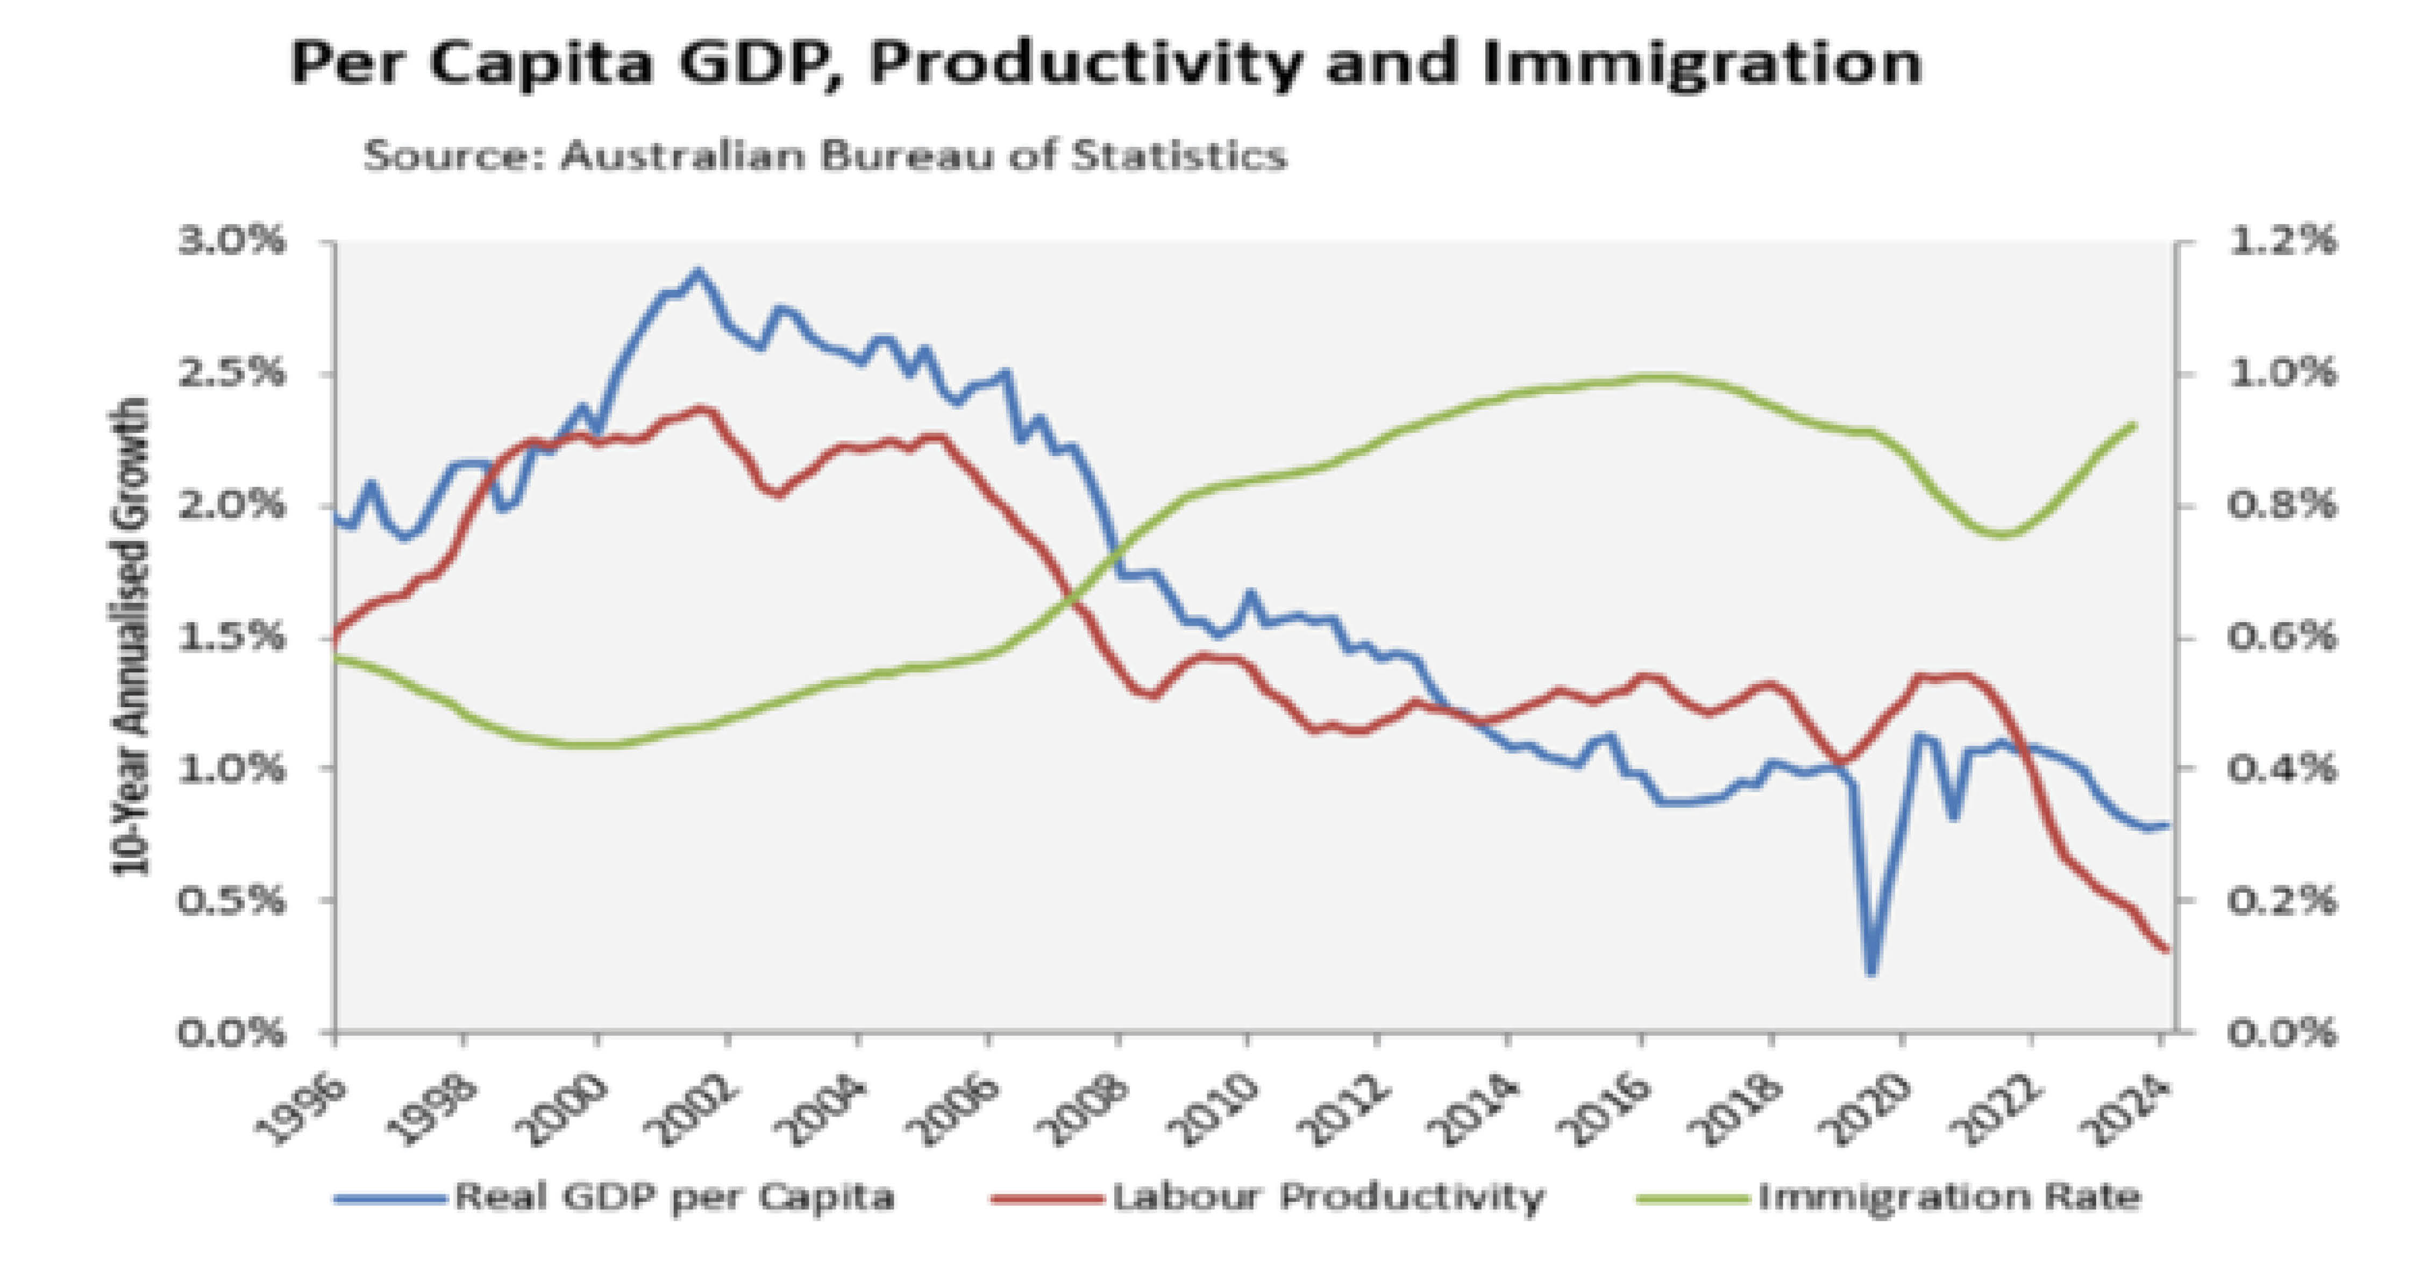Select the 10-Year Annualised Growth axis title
click(x=132, y=637)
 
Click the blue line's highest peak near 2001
click(x=696, y=273)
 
